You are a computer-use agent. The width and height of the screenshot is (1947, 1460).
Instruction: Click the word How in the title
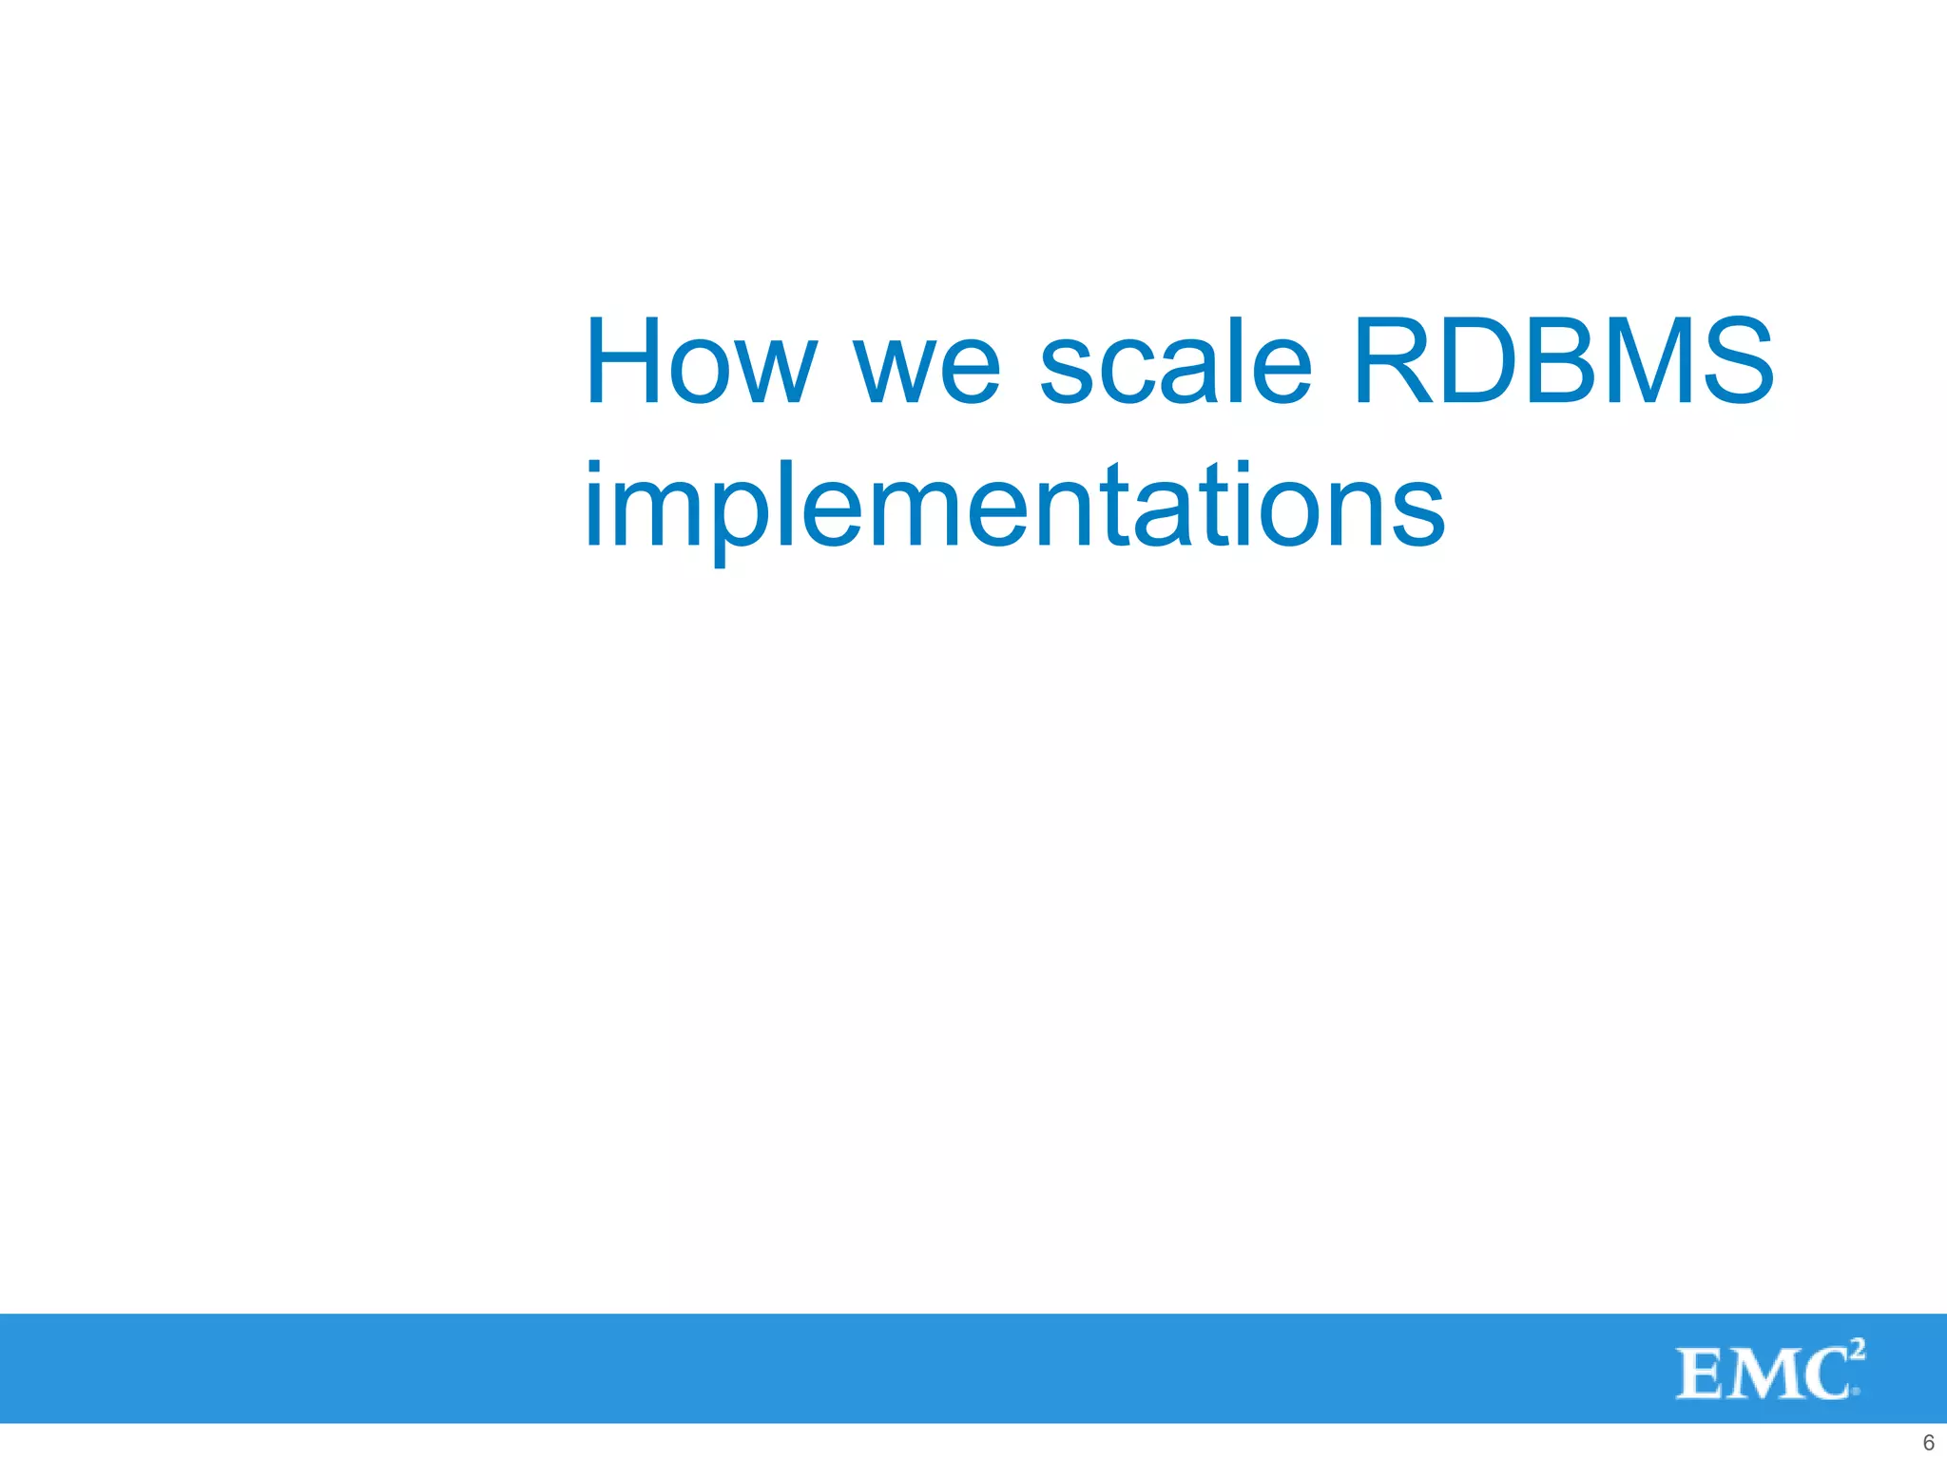point(701,362)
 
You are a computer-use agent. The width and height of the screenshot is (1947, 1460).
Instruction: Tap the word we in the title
point(927,371)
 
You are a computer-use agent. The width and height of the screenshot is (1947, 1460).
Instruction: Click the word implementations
point(1013,507)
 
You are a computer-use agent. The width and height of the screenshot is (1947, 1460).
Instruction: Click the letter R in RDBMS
point(1391,362)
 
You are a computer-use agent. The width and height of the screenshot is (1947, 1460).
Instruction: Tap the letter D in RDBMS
point(1477,362)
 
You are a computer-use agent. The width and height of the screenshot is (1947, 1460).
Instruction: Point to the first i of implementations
point(593,505)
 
